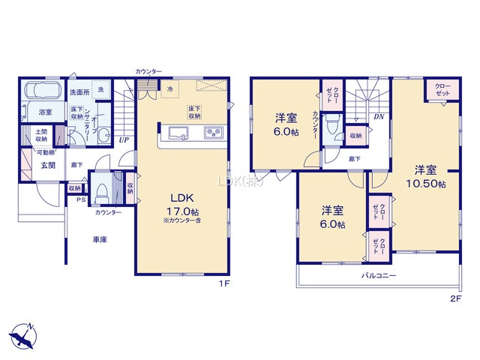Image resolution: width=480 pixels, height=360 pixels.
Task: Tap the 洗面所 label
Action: [79, 92]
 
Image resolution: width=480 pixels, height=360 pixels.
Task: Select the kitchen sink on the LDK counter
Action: [179, 134]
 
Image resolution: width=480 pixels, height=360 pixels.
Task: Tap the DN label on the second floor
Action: [379, 117]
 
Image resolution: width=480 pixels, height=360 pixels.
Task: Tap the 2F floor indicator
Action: [454, 298]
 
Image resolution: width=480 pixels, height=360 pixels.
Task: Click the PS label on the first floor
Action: [79, 199]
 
